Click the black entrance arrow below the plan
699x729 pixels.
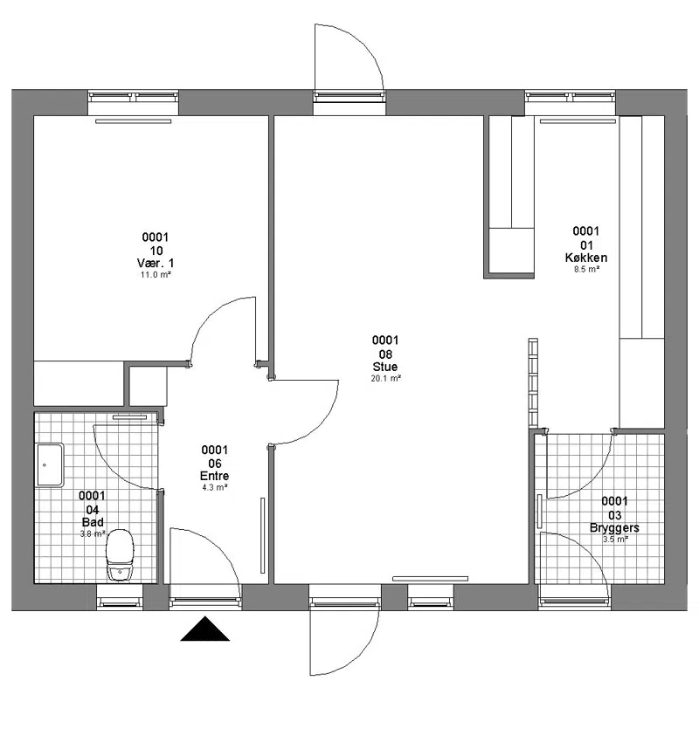coord(204,629)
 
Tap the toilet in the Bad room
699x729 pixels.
coord(120,554)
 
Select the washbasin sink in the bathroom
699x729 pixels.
coord(50,465)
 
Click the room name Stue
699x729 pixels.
coord(385,367)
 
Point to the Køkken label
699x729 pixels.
coord(586,258)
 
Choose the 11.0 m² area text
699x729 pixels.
coord(156,275)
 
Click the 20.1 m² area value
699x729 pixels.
coord(386,378)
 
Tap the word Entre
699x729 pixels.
coord(215,476)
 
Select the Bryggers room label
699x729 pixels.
coord(614,528)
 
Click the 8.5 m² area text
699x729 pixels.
coord(586,269)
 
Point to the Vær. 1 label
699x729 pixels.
coord(156,263)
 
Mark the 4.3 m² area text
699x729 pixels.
coord(215,488)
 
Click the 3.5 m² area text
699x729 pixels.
coord(615,540)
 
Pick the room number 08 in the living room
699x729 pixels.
coord(385,354)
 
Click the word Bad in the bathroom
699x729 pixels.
coord(93,522)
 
